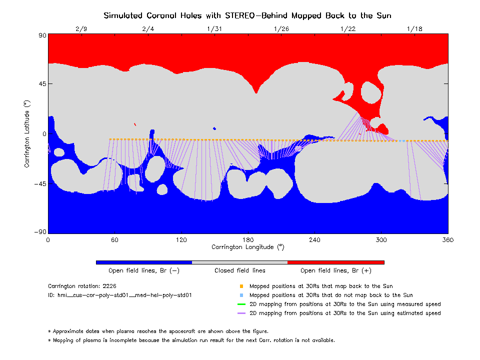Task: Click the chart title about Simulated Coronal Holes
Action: click(x=247, y=15)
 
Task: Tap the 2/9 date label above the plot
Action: click(x=81, y=29)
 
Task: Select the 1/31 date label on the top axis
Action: click(x=214, y=29)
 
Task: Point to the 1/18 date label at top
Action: click(x=414, y=29)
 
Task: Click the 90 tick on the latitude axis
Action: click(x=42, y=35)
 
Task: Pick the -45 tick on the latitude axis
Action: click(x=39, y=184)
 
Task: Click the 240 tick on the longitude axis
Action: click(x=314, y=240)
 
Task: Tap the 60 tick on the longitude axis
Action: click(x=114, y=240)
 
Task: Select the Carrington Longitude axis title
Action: click(x=247, y=247)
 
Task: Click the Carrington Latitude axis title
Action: click(x=28, y=133)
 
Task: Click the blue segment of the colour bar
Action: click(x=144, y=262)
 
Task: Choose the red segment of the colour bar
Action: click(x=336, y=262)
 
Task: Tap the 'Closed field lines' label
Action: click(x=240, y=270)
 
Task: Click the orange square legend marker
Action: click(x=241, y=286)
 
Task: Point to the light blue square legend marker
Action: click(x=241, y=295)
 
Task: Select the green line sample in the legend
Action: click(x=241, y=304)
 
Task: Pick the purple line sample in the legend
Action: click(x=241, y=313)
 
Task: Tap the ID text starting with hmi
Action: click(x=120, y=295)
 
